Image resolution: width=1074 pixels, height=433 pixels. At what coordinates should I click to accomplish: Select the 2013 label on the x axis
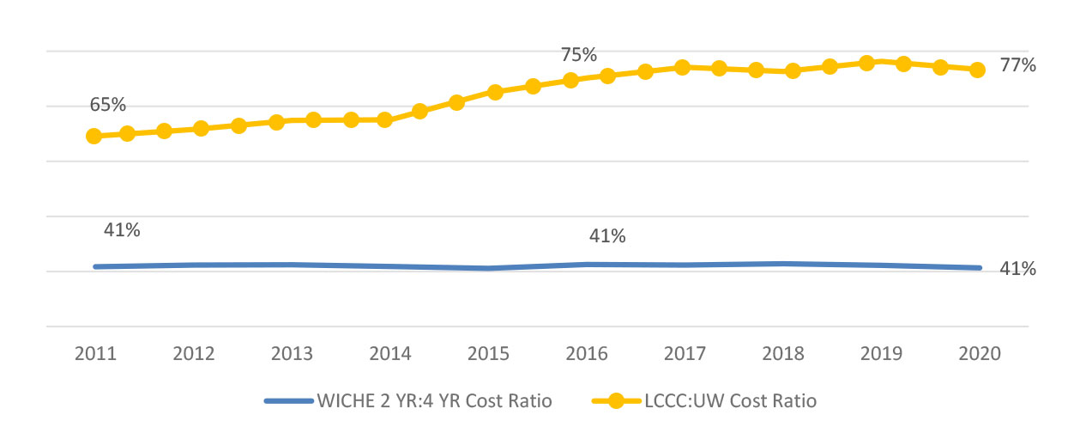(x=292, y=354)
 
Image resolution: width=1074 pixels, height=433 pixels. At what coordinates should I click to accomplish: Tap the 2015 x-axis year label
(x=489, y=354)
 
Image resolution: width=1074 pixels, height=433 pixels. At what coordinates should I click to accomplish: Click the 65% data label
(x=108, y=105)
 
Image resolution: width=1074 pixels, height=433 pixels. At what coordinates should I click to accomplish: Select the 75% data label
(x=579, y=55)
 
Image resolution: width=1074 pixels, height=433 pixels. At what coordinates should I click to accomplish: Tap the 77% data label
(x=1018, y=65)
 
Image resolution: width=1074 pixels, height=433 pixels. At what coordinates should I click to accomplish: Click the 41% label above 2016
(x=606, y=236)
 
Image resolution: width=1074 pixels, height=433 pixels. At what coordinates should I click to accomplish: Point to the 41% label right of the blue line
(x=1018, y=269)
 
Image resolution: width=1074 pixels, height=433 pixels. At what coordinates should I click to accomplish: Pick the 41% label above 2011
(x=122, y=229)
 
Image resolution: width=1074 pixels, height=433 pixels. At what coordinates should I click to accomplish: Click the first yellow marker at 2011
(x=94, y=136)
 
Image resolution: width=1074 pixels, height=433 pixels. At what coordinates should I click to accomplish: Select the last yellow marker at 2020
(x=977, y=70)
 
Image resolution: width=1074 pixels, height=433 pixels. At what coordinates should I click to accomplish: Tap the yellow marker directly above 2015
(x=495, y=92)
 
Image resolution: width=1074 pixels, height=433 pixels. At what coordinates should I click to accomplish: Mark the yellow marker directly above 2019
(x=866, y=63)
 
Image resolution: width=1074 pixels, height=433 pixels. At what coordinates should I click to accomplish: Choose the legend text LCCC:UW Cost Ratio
(x=730, y=400)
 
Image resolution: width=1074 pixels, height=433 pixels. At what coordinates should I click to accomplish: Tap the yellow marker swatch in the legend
(x=617, y=400)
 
